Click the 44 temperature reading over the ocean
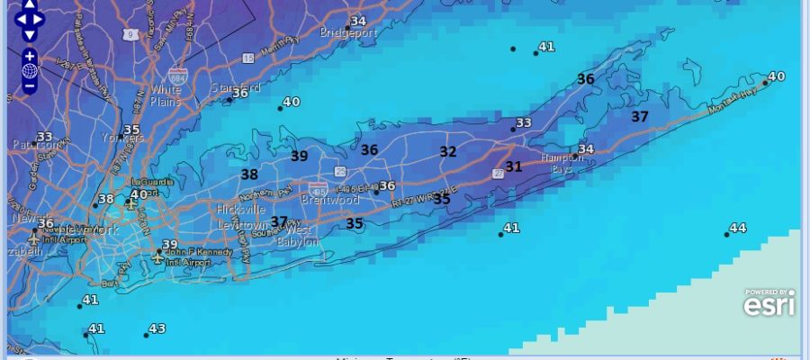(x=737, y=229)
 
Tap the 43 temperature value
(x=157, y=329)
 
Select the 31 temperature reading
(x=513, y=166)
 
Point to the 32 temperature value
(x=447, y=152)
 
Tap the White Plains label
(x=166, y=95)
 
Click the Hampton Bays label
(x=562, y=163)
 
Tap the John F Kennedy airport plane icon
(x=158, y=257)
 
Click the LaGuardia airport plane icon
(x=131, y=204)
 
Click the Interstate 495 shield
(x=318, y=189)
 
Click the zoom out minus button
(x=30, y=87)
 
